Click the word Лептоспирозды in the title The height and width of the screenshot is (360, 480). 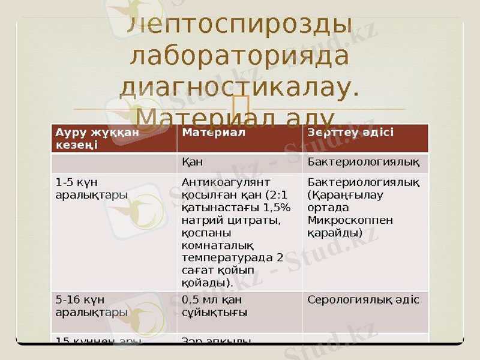[x=240, y=25]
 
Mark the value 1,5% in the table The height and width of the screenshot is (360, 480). [x=278, y=208]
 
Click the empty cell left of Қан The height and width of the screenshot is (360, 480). [x=113, y=161]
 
